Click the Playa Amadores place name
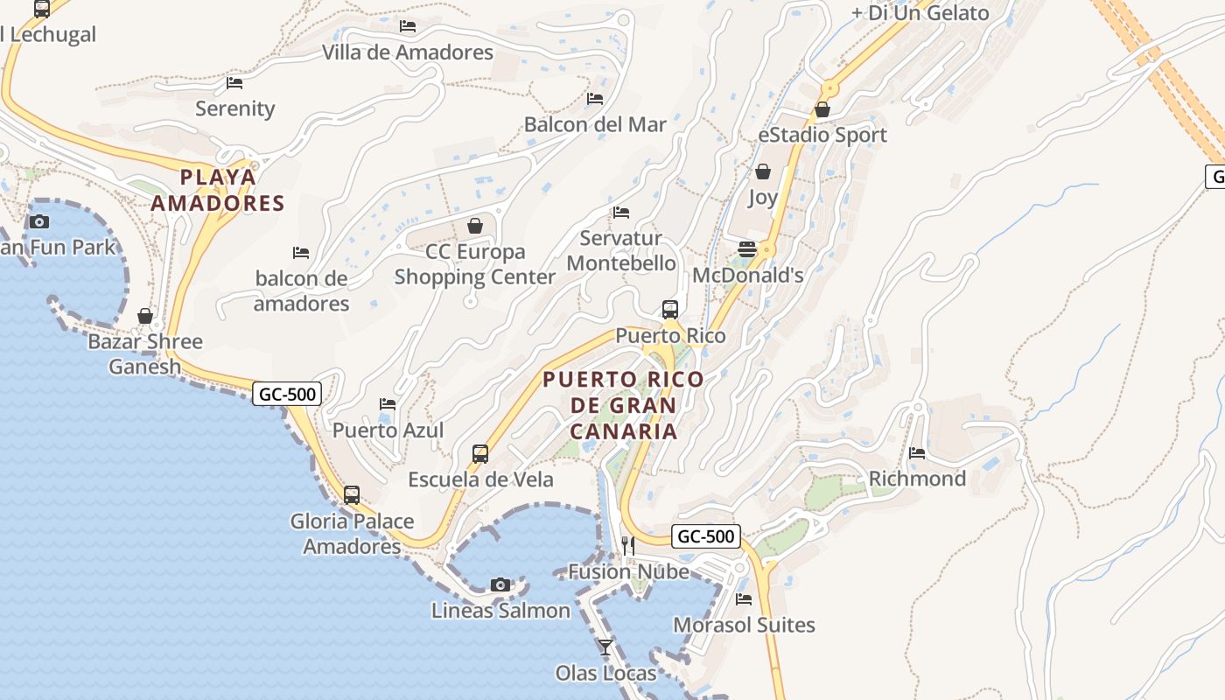pyautogui.click(x=218, y=190)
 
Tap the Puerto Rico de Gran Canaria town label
pyautogui.click(x=623, y=405)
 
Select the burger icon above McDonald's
pyautogui.click(x=746, y=249)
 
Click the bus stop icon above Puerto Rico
pyautogui.click(x=670, y=309)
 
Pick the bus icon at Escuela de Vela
pyautogui.click(x=480, y=453)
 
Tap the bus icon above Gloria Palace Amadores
pyautogui.click(x=352, y=494)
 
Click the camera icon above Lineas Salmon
pyautogui.click(x=500, y=584)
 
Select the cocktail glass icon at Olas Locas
pyautogui.click(x=605, y=647)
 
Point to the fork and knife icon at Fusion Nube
pyautogui.click(x=627, y=545)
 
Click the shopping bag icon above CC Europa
pyautogui.click(x=475, y=226)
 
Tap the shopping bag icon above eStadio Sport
pyautogui.click(x=822, y=109)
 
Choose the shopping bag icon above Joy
pyautogui.click(x=763, y=171)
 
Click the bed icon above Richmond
pyautogui.click(x=917, y=453)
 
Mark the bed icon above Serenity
pyautogui.click(x=234, y=83)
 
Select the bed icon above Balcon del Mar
pyautogui.click(x=595, y=99)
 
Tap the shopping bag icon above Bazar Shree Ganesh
pyautogui.click(x=145, y=315)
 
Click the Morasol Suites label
pyautogui.click(x=744, y=625)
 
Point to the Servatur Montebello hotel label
pyautogui.click(x=621, y=250)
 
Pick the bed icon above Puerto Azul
pyautogui.click(x=388, y=404)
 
